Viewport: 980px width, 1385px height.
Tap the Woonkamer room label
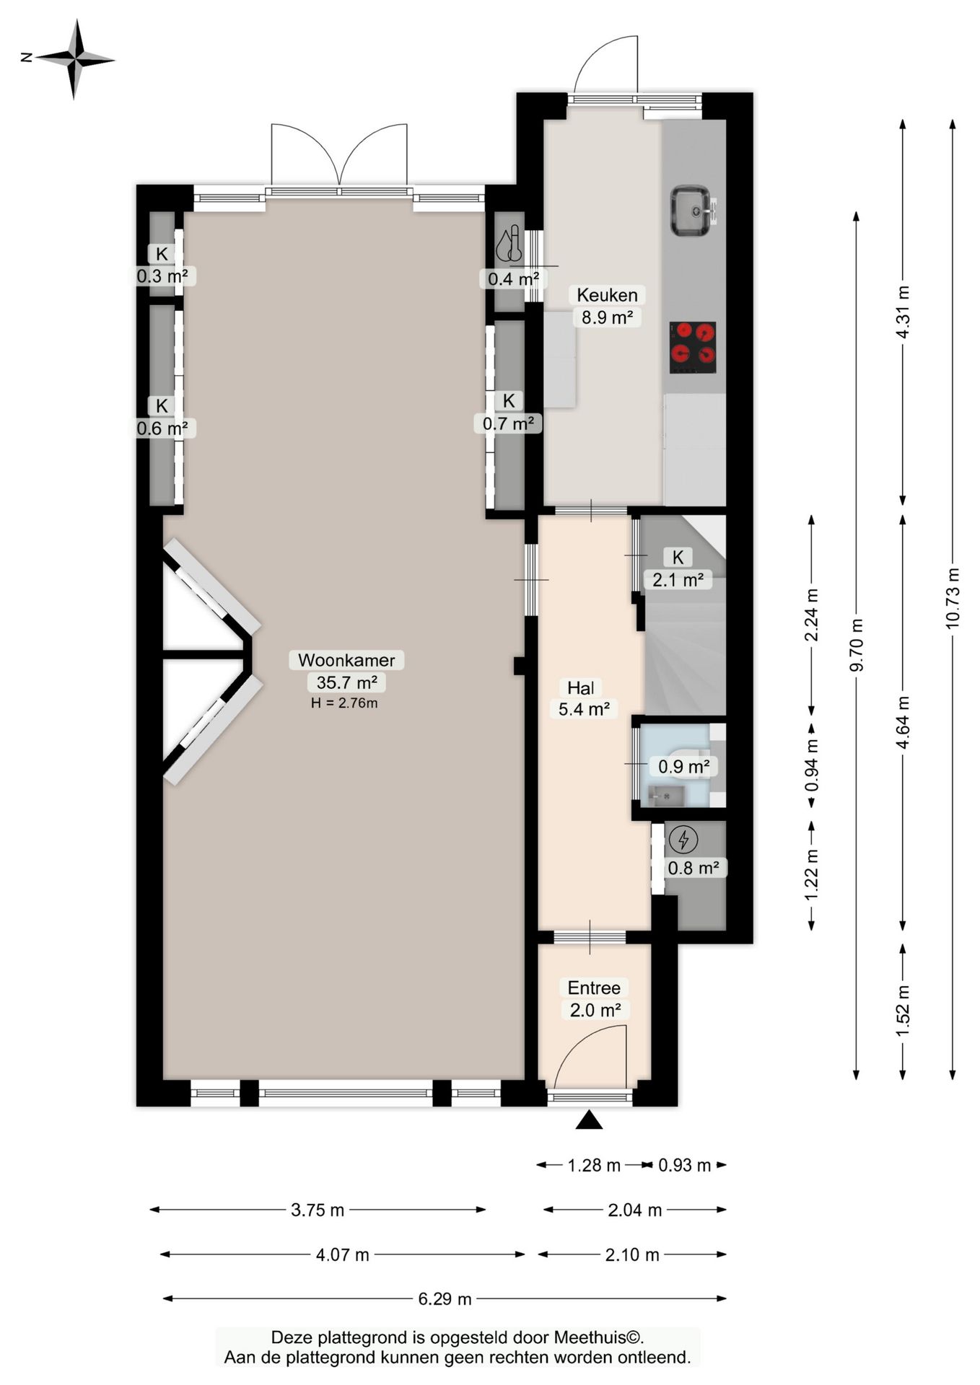[x=346, y=660]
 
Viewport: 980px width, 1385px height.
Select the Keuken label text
[x=607, y=295]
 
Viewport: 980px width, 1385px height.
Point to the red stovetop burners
[x=693, y=347]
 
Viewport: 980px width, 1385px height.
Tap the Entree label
[x=594, y=988]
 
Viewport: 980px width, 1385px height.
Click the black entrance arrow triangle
[x=590, y=1120]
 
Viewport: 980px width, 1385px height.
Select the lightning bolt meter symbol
[x=683, y=840]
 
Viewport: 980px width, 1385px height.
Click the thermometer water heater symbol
[x=509, y=243]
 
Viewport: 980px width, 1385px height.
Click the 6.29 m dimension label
[x=445, y=1298]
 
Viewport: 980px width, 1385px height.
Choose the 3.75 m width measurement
[x=318, y=1210]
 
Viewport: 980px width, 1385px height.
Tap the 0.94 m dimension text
[x=812, y=765]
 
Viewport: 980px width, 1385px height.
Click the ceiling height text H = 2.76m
[x=344, y=703]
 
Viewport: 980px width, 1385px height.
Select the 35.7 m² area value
[x=346, y=682]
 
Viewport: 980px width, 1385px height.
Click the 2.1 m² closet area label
[x=678, y=579]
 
